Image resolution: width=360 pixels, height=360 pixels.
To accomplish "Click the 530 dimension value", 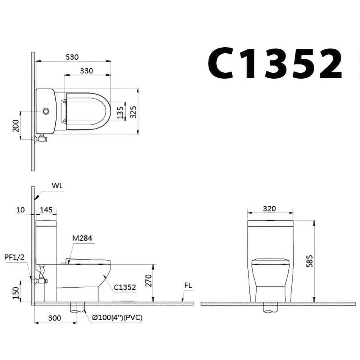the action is (x=72, y=57).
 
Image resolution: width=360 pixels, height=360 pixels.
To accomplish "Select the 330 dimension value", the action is (x=86, y=71).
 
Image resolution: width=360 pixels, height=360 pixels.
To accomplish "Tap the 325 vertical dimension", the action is (x=133, y=112).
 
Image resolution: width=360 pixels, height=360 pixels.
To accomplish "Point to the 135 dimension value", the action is (x=120, y=112).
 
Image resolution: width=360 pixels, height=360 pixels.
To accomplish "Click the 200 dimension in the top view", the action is (x=16, y=126).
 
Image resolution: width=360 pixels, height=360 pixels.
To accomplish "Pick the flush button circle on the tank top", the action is (x=46, y=111).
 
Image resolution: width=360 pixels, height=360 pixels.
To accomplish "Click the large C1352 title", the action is (x=275, y=63).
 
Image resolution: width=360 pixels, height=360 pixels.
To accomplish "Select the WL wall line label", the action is (x=57, y=185).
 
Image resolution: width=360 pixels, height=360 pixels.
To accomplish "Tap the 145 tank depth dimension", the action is (x=46, y=210).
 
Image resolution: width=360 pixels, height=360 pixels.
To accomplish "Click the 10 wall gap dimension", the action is (x=21, y=210).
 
